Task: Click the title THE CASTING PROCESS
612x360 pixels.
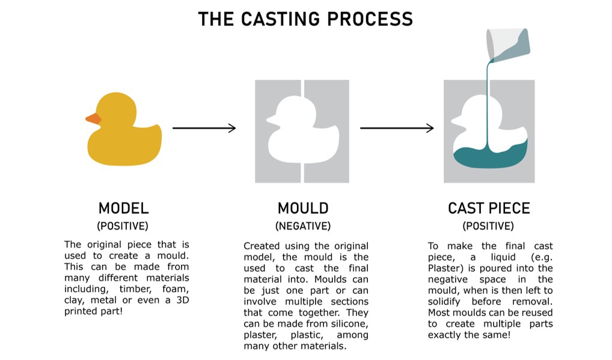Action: coord(305,19)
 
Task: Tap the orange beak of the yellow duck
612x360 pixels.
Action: coord(93,118)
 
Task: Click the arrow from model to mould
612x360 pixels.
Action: coord(204,127)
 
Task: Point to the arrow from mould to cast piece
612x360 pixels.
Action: coord(397,127)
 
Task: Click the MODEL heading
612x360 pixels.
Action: coord(123,209)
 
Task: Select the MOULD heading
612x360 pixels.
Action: coord(303,209)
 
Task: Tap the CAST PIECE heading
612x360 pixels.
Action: coord(489,209)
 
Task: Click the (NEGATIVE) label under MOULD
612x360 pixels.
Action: coord(303,227)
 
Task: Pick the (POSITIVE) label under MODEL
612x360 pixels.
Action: coord(123,227)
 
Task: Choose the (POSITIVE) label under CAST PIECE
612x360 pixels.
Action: coord(488,227)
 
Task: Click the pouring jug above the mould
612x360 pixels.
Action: coord(510,43)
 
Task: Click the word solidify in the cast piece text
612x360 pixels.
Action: coord(453,302)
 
